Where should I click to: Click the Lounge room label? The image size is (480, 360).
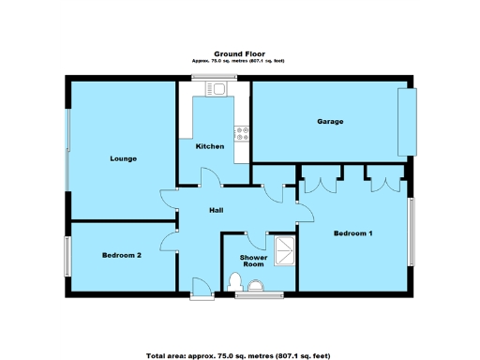click(123, 158)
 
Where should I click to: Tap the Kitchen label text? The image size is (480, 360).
click(209, 147)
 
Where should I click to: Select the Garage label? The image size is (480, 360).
click(329, 122)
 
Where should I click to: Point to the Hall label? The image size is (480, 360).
click(216, 211)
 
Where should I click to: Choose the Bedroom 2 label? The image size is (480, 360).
click(122, 255)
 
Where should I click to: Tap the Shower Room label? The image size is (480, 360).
click(253, 260)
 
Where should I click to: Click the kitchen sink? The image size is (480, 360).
click(218, 90)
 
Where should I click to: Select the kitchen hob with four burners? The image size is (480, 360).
click(242, 133)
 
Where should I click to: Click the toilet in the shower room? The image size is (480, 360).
click(235, 281)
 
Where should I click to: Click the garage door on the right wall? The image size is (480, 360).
click(406, 122)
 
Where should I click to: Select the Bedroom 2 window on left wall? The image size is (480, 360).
click(67, 254)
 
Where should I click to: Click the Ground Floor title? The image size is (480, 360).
click(238, 54)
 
